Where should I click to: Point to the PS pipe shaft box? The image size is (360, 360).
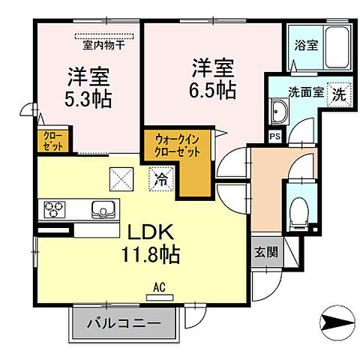[274, 136]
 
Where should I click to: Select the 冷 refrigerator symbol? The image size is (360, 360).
[160, 179]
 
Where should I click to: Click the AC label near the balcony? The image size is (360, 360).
[158, 286]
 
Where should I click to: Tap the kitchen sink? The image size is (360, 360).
[103, 208]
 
